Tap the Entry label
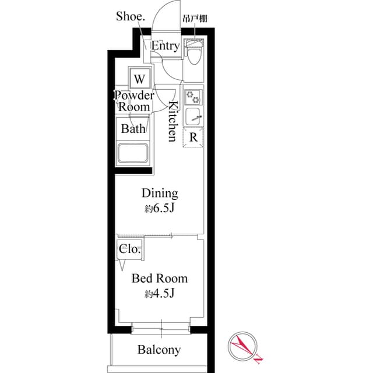pos(165,46)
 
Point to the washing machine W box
pos(139,78)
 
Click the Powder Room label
pos(134,101)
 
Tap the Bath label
pos(133,129)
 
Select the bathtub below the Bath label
pos(133,154)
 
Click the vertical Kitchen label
pos(173,121)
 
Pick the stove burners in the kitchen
pos(193,97)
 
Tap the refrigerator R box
pos(193,138)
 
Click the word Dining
pos(160,193)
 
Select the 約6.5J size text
pos(160,208)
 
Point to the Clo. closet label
pos(129,249)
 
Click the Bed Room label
pos(159,279)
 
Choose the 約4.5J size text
pos(159,294)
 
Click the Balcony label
pos(159,350)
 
